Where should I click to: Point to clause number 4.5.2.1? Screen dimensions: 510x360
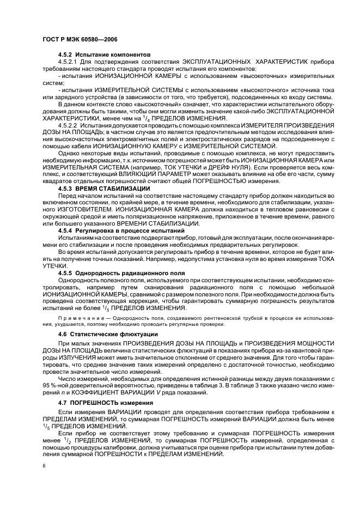click(x=69, y=63)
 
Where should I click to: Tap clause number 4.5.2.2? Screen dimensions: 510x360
click(x=69, y=125)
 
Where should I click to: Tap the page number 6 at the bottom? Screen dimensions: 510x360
click(x=44, y=466)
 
